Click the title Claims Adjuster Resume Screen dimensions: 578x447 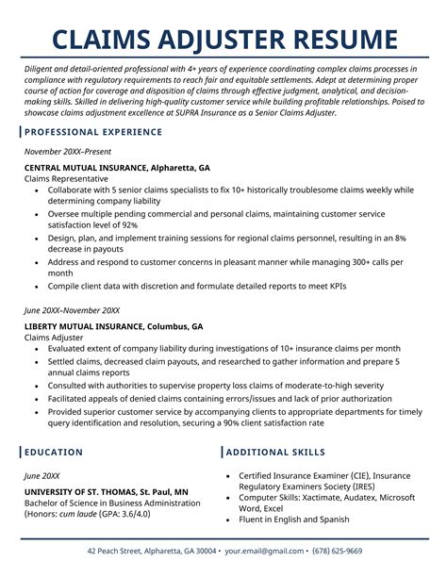coord(223,40)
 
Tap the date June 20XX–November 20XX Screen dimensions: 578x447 coord(85,310)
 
